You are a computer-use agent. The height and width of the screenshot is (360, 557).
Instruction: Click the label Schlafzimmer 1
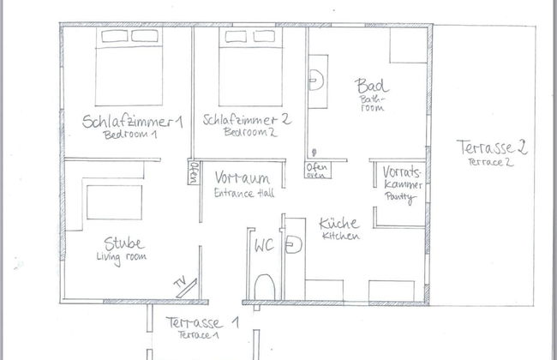coord(133,122)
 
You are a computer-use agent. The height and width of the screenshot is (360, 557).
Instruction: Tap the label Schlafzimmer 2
coord(248,119)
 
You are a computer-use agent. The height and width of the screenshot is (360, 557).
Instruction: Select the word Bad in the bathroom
coord(371,86)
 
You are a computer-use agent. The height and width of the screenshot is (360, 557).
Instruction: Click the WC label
coord(264,245)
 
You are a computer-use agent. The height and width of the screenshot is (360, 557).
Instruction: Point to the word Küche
coord(339,224)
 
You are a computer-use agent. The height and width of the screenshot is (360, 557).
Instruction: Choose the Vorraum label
coord(243,177)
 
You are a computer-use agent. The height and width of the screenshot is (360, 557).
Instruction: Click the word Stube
coord(124,243)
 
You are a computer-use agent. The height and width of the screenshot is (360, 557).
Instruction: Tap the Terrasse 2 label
coord(492,147)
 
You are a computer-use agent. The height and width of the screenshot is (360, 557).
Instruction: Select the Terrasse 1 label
coord(202,322)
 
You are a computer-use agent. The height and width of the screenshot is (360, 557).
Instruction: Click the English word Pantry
coord(400,198)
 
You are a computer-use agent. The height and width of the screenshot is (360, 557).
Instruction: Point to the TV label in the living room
coord(180,282)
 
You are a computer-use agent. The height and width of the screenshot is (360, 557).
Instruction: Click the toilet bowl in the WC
coord(265,287)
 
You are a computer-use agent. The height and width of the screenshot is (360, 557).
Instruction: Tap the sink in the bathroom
coord(316,81)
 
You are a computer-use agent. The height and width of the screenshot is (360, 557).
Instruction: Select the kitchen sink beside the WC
coord(294,244)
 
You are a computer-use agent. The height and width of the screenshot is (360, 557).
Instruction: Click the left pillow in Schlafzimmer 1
coord(114,36)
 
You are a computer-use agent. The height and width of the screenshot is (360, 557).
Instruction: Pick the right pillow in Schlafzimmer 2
coord(264,36)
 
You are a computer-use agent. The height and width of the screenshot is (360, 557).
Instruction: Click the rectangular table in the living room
coord(114,202)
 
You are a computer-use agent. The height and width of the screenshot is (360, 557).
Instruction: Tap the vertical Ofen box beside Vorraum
coord(193,172)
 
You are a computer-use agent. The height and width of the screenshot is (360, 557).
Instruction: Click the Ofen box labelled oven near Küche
coord(318,171)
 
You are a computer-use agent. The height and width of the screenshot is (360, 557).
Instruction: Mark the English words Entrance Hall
coord(244,193)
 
